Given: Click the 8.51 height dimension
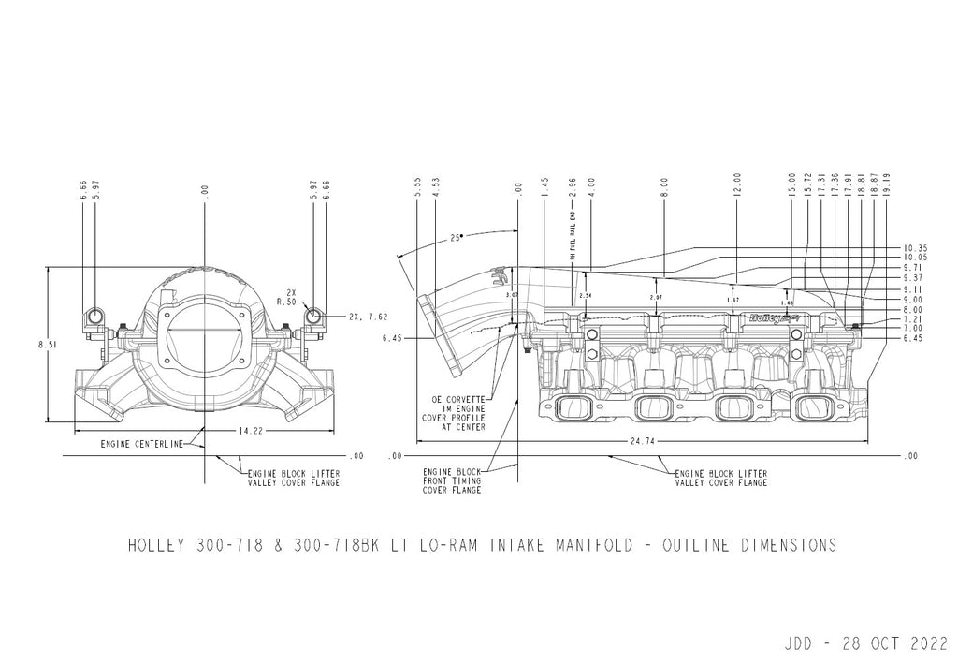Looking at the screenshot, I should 45,345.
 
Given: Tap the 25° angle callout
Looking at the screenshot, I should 456,238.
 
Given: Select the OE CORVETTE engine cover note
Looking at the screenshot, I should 457,411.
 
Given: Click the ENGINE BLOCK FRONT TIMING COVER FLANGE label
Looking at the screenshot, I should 452,481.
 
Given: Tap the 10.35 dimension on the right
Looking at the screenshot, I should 915,247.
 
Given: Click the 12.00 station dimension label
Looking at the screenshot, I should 736,184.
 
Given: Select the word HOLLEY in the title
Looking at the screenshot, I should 156,545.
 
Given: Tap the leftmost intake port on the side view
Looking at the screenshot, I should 569,407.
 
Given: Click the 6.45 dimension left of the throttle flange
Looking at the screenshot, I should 393,338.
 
